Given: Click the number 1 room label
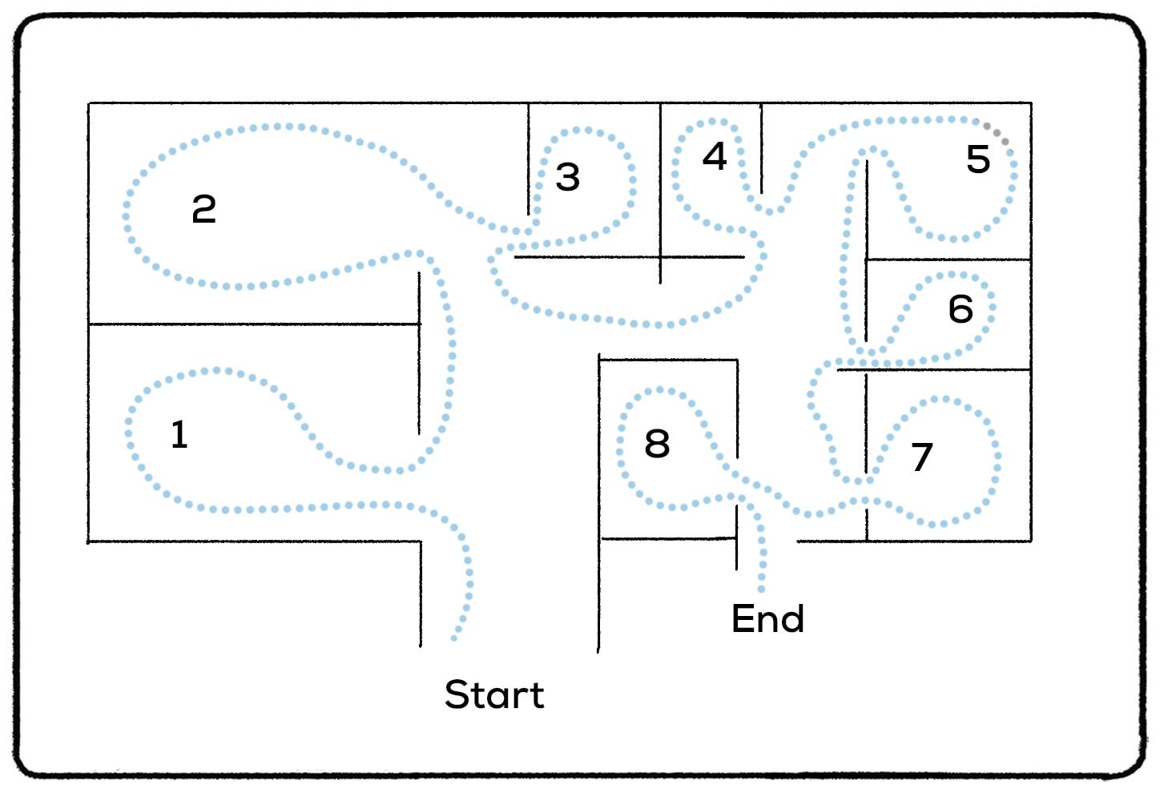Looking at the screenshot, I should click(x=179, y=435).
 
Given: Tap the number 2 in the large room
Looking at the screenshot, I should click(x=204, y=210).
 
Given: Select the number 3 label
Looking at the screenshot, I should click(x=568, y=177).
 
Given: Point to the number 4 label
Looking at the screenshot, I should click(x=715, y=156).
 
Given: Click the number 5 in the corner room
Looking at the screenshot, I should click(x=978, y=159).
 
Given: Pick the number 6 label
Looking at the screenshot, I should click(x=961, y=309).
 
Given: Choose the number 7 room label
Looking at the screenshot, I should click(x=922, y=457).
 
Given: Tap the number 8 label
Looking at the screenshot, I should click(x=657, y=444).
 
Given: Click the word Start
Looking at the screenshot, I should click(x=494, y=694).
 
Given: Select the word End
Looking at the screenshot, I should click(x=767, y=619).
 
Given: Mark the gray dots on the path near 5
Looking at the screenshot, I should click(x=997, y=134).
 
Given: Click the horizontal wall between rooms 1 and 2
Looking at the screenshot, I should click(x=252, y=324).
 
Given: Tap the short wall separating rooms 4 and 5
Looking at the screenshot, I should click(x=761, y=148).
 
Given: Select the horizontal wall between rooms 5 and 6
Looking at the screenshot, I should click(x=948, y=260).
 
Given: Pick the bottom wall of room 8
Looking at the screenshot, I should click(x=668, y=538).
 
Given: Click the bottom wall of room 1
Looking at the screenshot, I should click(x=252, y=541).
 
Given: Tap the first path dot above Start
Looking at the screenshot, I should click(x=454, y=638).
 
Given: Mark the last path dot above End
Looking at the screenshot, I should click(x=762, y=590).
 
